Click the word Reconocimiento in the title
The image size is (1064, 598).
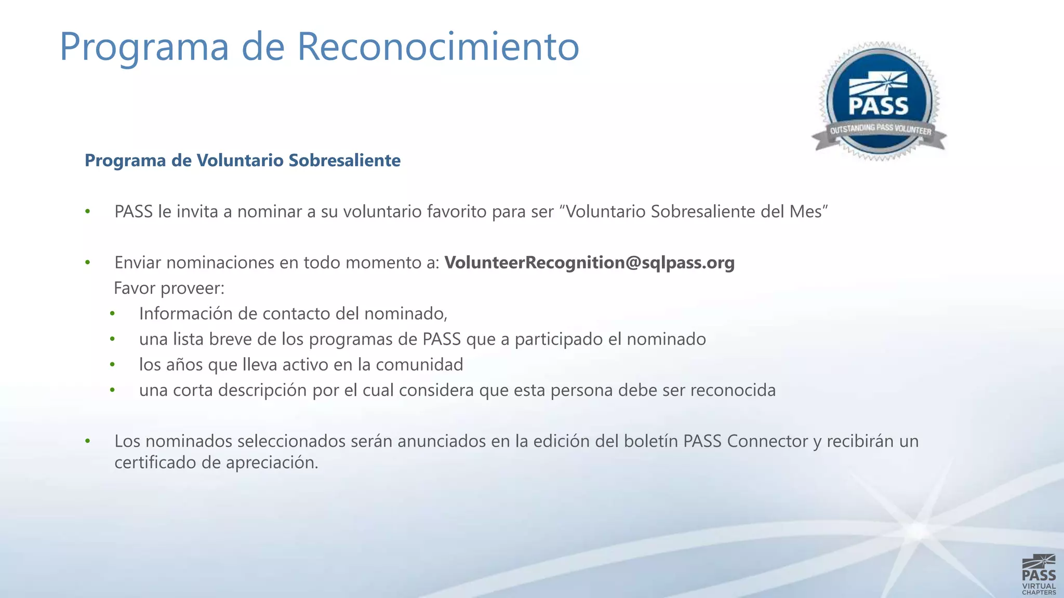438,47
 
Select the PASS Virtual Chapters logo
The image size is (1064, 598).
1039,574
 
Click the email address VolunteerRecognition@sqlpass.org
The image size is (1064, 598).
589,263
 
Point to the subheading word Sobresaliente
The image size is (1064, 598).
344,160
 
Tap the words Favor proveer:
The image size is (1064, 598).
169,288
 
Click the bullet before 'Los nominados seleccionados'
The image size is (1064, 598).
88,441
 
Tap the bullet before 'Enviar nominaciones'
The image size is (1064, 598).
88,263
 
